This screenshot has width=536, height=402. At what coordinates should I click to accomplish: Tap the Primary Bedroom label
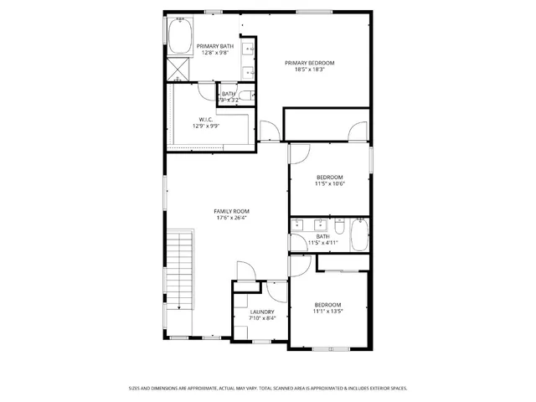[x=309, y=63]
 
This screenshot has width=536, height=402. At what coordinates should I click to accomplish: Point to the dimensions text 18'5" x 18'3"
[x=309, y=70]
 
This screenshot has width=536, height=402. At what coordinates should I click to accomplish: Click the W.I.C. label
[x=205, y=119]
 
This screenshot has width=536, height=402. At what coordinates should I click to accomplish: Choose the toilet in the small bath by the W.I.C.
[x=250, y=95]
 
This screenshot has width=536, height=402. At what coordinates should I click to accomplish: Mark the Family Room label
[x=231, y=211]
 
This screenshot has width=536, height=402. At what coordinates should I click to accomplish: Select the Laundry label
[x=261, y=312]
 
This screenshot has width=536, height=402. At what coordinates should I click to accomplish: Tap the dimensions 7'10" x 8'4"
[x=261, y=318]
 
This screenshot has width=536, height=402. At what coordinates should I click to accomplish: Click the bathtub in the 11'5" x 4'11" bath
[x=358, y=234]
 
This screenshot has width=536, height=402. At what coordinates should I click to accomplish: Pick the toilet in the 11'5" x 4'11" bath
[x=338, y=227]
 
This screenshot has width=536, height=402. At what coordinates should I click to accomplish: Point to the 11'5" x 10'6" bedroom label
[x=329, y=177]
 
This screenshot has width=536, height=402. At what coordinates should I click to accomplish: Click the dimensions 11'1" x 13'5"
[x=327, y=311]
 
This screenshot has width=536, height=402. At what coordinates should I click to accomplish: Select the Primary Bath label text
[x=210, y=46]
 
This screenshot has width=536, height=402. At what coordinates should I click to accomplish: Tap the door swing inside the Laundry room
[x=275, y=290]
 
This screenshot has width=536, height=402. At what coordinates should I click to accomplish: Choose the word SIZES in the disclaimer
[x=134, y=388]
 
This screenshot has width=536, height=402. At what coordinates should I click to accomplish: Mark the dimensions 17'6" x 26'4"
[x=231, y=218]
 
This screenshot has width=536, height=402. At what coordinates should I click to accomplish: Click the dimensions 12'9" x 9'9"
[x=205, y=126]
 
